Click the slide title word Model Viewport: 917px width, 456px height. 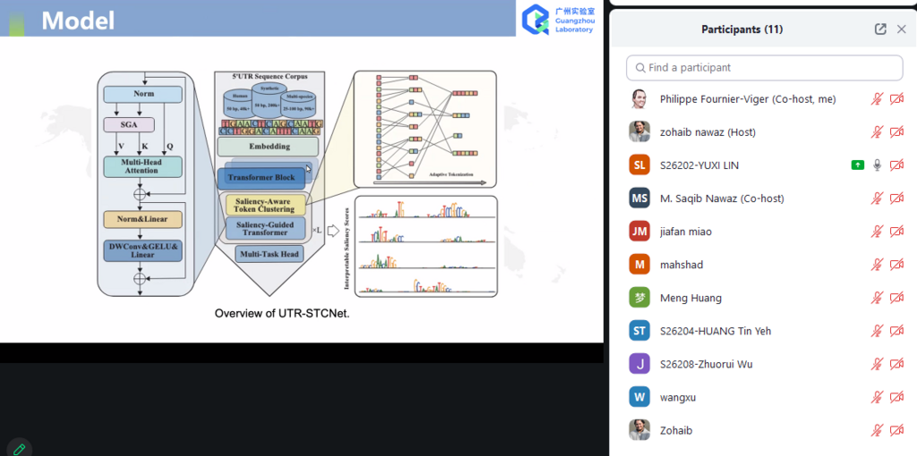78,20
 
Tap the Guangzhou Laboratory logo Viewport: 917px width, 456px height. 536,19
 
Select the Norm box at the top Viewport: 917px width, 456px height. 143,94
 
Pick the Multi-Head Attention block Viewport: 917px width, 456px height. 143,165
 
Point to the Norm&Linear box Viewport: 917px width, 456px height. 143,219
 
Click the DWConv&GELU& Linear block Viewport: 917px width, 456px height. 143,249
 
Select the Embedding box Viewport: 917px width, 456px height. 267,147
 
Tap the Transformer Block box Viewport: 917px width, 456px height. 261,178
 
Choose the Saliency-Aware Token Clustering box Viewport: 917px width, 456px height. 265,205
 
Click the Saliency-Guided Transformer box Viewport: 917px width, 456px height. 265,228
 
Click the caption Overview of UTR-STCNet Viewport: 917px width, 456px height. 282,314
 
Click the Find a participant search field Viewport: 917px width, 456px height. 765,68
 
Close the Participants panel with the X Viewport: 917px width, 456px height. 902,29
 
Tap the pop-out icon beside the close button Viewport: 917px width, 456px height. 880,29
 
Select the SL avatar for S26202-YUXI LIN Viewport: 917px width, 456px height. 639,165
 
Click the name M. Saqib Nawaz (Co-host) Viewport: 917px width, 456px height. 721,198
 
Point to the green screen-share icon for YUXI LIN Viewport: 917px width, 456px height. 857,165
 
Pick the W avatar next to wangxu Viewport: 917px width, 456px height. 639,397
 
